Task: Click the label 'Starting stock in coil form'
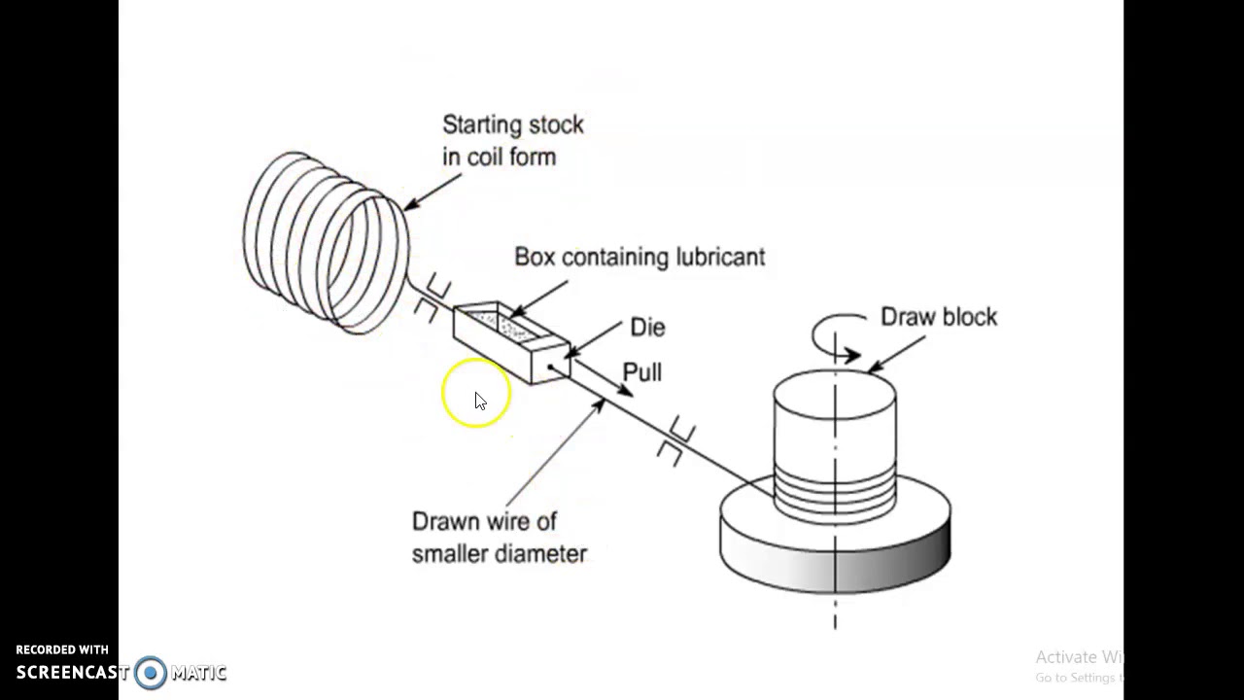point(512,141)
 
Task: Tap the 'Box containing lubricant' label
point(639,257)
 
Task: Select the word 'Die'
point(647,328)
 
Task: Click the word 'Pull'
point(641,372)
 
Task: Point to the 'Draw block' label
point(938,317)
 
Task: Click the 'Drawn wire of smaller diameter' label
point(499,538)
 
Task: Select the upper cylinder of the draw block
point(835,423)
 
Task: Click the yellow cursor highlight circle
point(475,393)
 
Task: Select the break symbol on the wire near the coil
point(432,299)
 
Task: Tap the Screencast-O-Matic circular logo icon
point(151,672)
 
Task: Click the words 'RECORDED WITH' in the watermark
point(62,649)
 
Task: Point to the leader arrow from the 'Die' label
point(595,338)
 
